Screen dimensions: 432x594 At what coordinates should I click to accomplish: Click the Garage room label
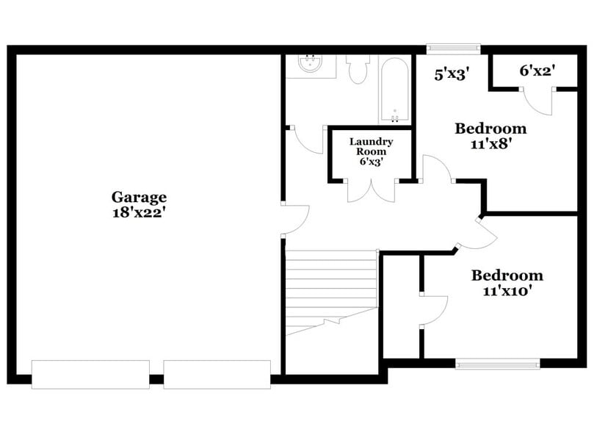139,197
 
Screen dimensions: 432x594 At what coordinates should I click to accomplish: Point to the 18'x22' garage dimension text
139,212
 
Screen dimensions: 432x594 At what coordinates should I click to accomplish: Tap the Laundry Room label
371,146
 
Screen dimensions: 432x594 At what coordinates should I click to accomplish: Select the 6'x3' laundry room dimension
371,162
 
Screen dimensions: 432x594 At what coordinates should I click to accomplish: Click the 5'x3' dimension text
451,73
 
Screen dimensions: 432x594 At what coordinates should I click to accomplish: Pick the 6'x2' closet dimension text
536,71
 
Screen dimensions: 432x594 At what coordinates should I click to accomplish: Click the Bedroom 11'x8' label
490,129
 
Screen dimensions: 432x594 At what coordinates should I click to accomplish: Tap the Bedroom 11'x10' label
507,276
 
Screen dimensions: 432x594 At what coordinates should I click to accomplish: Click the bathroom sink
311,65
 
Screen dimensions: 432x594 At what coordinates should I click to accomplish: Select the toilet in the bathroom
358,68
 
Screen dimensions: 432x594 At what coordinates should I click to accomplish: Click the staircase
330,290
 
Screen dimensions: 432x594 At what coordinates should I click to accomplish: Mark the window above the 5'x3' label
454,49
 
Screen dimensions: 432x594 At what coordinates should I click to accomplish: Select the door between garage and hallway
294,218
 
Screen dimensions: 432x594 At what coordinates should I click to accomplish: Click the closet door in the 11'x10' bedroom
433,309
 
